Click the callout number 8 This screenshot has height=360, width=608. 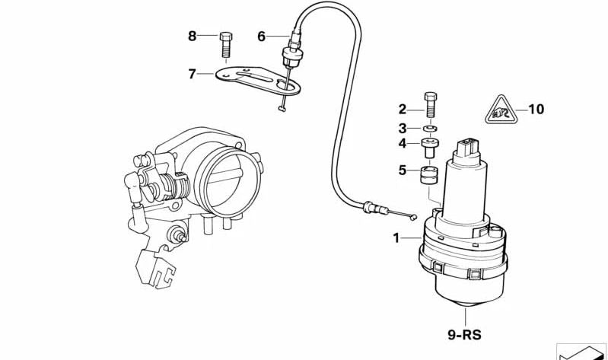point(193,36)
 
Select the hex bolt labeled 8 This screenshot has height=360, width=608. point(226,45)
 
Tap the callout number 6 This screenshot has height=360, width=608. point(261,37)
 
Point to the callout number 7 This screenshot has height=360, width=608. point(192,74)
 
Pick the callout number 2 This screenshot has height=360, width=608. point(403,110)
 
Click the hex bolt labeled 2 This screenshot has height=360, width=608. point(431,105)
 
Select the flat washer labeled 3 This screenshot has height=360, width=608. point(430,128)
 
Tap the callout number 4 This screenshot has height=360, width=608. point(403,144)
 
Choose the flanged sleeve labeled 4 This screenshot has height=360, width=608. point(430,148)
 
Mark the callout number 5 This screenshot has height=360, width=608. point(403,170)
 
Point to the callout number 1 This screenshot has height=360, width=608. point(396,238)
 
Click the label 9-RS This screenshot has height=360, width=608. point(464,334)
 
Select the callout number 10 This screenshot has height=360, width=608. point(536,110)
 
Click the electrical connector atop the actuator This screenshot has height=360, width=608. point(466,148)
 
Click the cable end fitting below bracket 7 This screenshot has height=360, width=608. point(282,110)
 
